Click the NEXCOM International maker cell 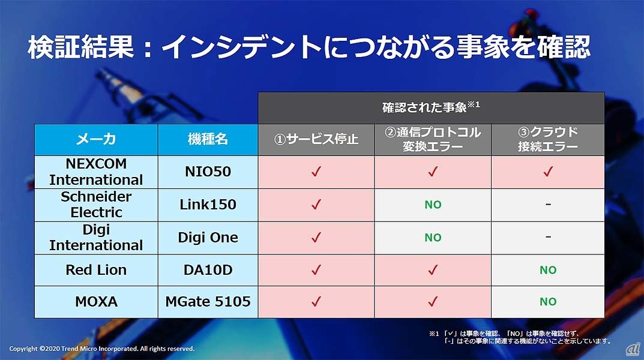[96, 172]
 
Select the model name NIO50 [208, 172]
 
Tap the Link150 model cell [208, 205]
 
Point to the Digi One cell [208, 238]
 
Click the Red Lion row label [96, 270]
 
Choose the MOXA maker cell [96, 302]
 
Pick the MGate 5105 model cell [208, 302]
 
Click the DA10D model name [208, 270]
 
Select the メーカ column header [96, 139]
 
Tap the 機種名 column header [208, 139]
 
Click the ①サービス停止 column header [316, 139]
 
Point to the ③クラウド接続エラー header [548, 139]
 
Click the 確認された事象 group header [431, 107]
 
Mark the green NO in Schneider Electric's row [433, 205]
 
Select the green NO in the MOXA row [548, 302]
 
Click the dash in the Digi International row [548, 237]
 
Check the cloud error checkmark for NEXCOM [548, 172]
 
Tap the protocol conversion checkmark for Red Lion [433, 270]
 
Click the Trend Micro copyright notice [102, 349]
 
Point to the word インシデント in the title [242, 47]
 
